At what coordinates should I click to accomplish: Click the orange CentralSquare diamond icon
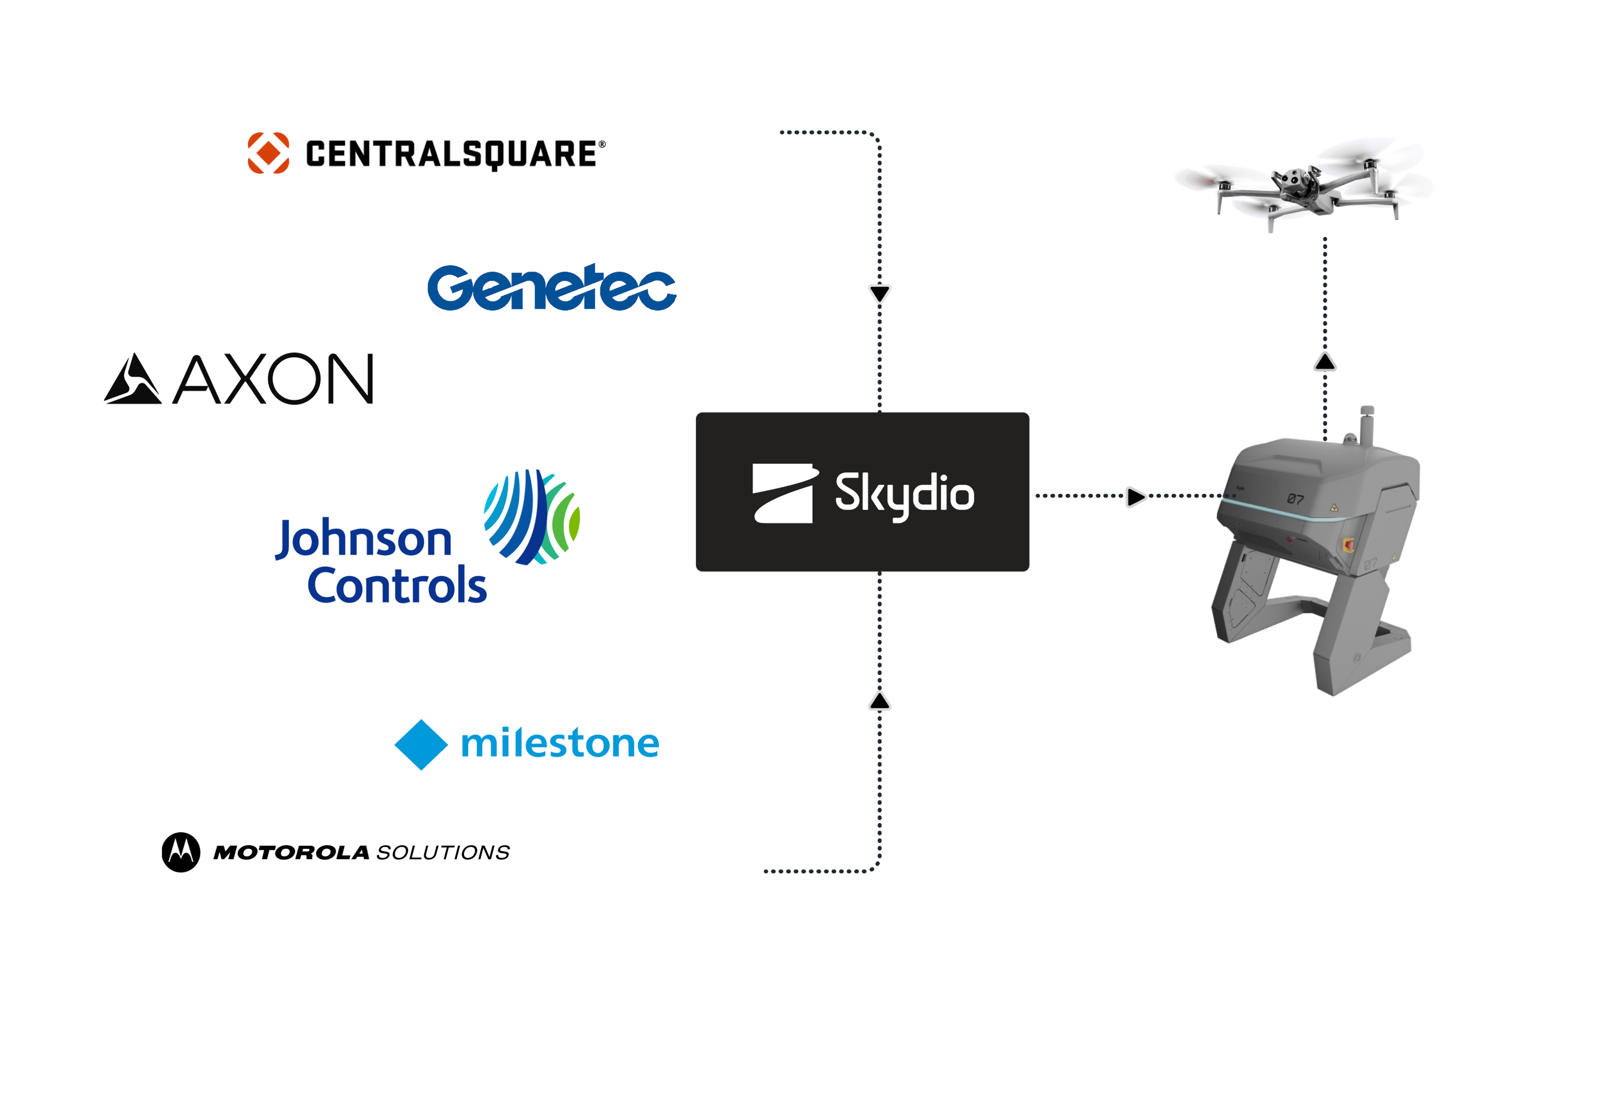pyautogui.click(x=268, y=152)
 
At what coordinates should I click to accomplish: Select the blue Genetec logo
pyautogui.click(x=551, y=287)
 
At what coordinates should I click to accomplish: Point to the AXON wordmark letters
pyautogui.click(x=273, y=379)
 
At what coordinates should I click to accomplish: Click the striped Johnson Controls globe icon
pyautogui.click(x=532, y=517)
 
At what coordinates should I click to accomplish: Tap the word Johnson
pyautogui.click(x=363, y=539)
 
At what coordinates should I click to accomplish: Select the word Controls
pyautogui.click(x=396, y=585)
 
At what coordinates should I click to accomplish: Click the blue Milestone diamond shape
pyautogui.click(x=422, y=745)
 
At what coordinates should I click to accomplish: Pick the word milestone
pyautogui.click(x=560, y=743)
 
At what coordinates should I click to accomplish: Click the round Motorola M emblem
pyautogui.click(x=181, y=853)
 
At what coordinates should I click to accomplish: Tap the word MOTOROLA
pyautogui.click(x=291, y=853)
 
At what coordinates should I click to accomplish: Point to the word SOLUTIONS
pyautogui.click(x=443, y=853)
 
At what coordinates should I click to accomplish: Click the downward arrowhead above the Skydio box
pyautogui.click(x=880, y=293)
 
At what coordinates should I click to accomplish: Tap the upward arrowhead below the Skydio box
pyautogui.click(x=880, y=702)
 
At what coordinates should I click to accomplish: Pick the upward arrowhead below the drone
pyautogui.click(x=1325, y=362)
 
